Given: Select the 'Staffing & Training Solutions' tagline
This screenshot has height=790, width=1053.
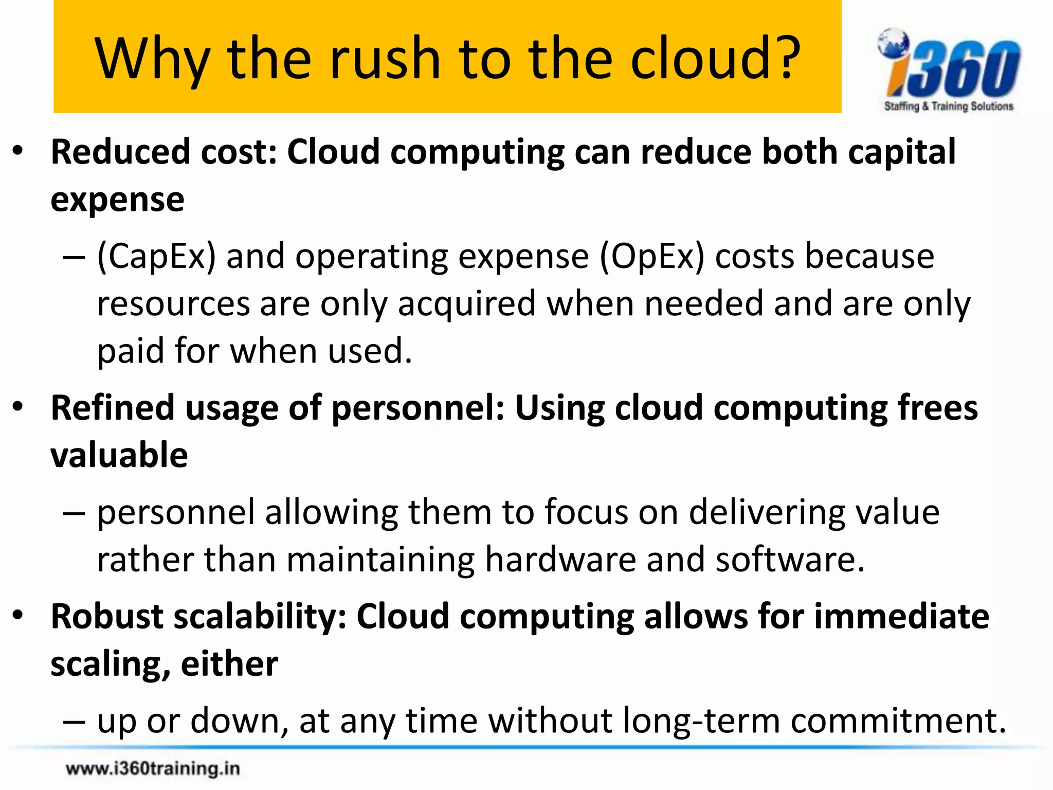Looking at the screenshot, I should pyautogui.click(x=949, y=106).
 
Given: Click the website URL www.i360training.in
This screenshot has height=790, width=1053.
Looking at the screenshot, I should pyautogui.click(x=153, y=768).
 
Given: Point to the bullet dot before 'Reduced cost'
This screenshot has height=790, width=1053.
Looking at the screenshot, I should pyautogui.click(x=19, y=152).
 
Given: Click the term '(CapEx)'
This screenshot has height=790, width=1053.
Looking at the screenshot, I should pyautogui.click(x=156, y=256).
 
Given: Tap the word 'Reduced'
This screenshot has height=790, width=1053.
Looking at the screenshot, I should pyautogui.click(x=120, y=152).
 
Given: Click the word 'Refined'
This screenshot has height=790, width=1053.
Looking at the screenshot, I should pyautogui.click(x=113, y=407).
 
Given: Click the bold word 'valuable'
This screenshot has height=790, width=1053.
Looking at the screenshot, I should pyautogui.click(x=119, y=455).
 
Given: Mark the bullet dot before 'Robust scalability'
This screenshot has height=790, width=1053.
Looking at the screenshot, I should pyautogui.click(x=19, y=616).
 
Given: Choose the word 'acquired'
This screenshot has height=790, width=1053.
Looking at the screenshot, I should pyautogui.click(x=466, y=303).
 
